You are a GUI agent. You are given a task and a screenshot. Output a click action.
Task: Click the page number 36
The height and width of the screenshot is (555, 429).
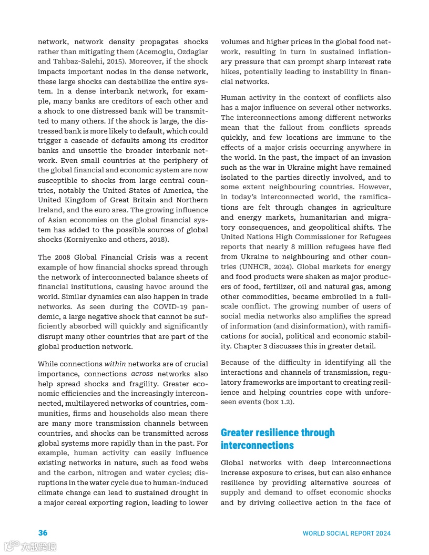coord(43,533)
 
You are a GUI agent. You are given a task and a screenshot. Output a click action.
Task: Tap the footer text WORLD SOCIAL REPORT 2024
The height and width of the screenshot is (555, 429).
coord(346,533)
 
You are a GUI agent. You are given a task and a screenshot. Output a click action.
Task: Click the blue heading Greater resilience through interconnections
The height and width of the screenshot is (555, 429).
coord(278,439)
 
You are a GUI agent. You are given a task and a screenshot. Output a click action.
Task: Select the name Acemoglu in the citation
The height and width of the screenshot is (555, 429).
coord(157,52)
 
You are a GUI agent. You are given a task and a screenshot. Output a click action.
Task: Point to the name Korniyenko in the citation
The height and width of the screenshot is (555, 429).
coord(86,239)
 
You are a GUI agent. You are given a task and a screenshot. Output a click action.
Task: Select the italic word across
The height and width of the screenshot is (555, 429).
coord(142,374)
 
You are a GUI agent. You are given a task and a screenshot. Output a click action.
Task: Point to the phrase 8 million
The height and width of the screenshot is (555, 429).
coord(307,247)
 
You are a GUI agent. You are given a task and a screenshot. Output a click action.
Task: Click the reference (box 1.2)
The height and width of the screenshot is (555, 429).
coord(279,402)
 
